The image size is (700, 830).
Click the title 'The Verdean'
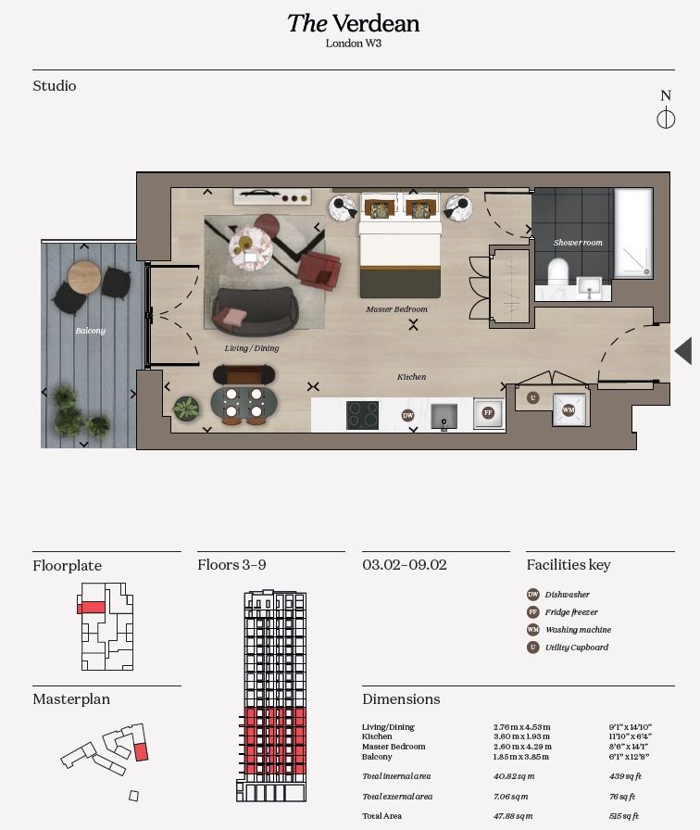pos(353,23)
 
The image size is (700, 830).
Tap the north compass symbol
pos(665,118)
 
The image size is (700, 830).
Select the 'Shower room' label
pos(578,243)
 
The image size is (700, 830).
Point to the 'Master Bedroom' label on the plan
pos(396,309)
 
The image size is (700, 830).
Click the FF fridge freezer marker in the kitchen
pos(488,413)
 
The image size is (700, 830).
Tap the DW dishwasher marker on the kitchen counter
pos(407,416)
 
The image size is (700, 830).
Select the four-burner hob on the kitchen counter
pos(362,415)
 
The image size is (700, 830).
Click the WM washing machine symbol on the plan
pos(568,409)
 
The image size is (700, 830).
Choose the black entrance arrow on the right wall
pos(683,351)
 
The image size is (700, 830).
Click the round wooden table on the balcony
pos(84,275)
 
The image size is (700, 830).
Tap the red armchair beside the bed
pos(319,269)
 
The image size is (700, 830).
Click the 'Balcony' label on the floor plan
pos(91,331)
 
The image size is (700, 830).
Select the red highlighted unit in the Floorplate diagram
pos(91,608)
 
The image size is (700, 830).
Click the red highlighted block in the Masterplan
pos(141,751)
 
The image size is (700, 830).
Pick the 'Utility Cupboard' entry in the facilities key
pos(576,648)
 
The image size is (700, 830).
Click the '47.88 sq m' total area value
pos(513,816)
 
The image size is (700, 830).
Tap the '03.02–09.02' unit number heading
pos(405,564)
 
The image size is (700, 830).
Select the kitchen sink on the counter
pos(444,415)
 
